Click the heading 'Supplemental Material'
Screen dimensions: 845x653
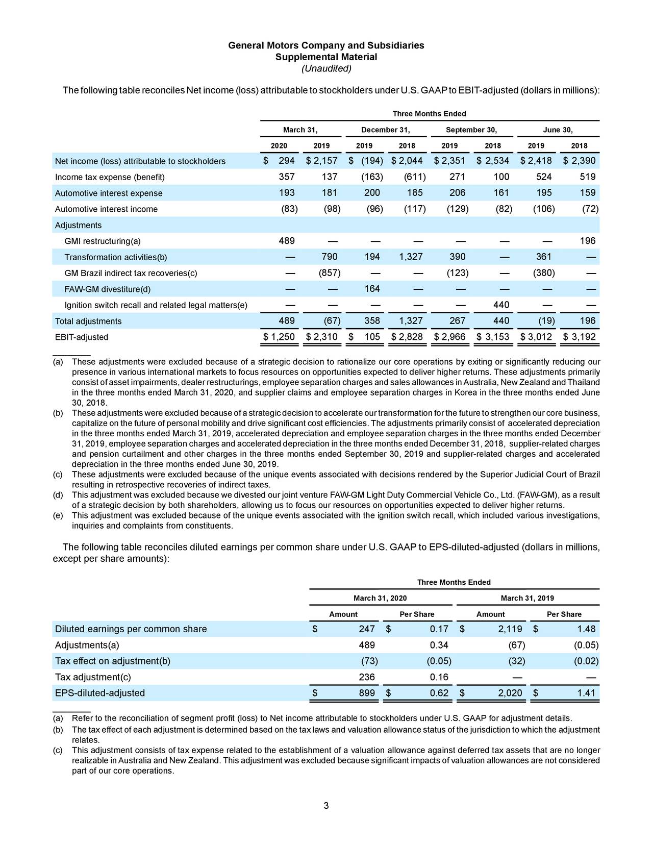tap(326, 57)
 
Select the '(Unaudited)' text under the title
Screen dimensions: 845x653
tap(326, 68)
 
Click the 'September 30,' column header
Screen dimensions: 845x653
tap(471, 130)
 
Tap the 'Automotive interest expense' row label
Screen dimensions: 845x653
tap(109, 193)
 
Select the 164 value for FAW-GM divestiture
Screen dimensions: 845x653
tap(371, 289)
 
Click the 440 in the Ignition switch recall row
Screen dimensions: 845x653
tap(501, 305)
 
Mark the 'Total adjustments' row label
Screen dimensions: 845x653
tap(88, 321)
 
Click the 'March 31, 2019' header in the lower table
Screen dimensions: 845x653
tap(527, 598)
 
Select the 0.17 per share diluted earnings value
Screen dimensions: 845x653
tap(439, 629)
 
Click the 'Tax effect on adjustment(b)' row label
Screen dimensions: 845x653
tap(112, 661)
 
